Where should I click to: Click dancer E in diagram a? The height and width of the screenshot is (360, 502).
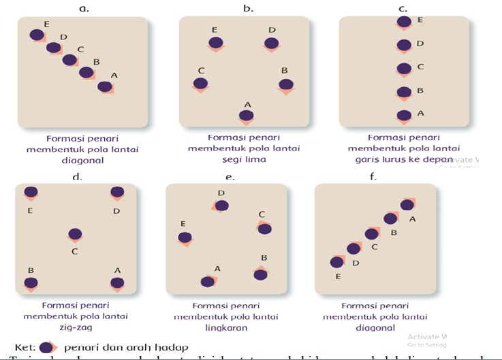(37, 35)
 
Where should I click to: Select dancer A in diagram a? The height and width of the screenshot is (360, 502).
(104, 86)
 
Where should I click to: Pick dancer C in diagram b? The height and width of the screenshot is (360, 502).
(200, 84)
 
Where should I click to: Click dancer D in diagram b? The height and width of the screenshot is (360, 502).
(272, 43)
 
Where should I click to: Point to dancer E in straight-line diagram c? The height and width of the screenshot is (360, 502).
(404, 22)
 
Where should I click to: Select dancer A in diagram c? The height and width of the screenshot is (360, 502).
(404, 115)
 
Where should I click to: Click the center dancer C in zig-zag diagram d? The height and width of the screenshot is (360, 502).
(75, 235)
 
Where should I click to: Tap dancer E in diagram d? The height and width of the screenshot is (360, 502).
(31, 193)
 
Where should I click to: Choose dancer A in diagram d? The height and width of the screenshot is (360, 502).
(117, 283)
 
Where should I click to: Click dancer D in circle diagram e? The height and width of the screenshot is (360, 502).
(221, 206)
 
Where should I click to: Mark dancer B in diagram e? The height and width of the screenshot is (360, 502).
(260, 273)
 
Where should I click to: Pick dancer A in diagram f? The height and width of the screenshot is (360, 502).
(407, 204)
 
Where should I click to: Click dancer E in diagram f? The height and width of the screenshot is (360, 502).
(336, 261)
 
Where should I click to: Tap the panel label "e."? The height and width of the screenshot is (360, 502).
(230, 177)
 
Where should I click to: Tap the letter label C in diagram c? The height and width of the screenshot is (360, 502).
(420, 67)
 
